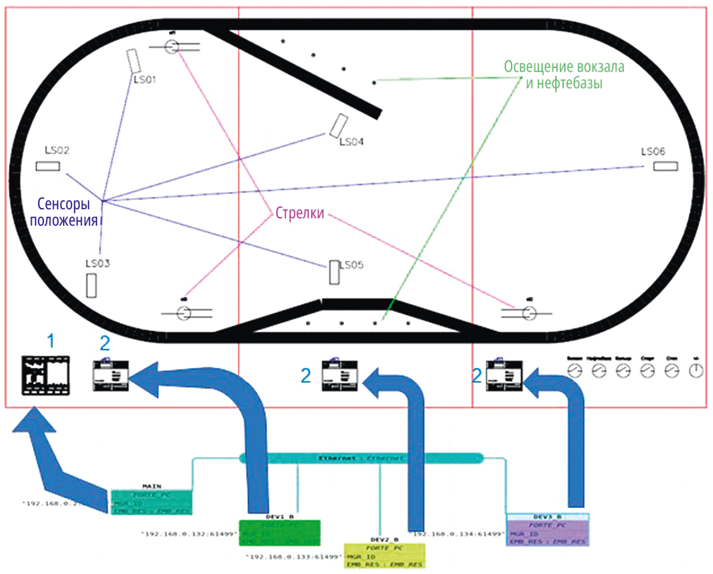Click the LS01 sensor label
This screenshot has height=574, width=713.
144,80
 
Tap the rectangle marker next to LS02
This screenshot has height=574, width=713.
48,166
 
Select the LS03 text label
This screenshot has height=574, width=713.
98,263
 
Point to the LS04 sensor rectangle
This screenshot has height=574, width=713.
338,125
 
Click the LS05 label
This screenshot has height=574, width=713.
351,265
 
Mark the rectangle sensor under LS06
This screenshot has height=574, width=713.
665,167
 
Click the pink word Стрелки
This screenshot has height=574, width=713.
299,213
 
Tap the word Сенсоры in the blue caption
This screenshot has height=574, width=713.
63,204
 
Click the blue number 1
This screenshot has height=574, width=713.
51,341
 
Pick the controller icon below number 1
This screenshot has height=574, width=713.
45,375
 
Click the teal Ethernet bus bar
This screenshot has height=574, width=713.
361,458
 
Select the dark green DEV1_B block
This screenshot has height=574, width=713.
280,533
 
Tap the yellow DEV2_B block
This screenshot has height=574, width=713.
384,555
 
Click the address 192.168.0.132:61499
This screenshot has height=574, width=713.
188,534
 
